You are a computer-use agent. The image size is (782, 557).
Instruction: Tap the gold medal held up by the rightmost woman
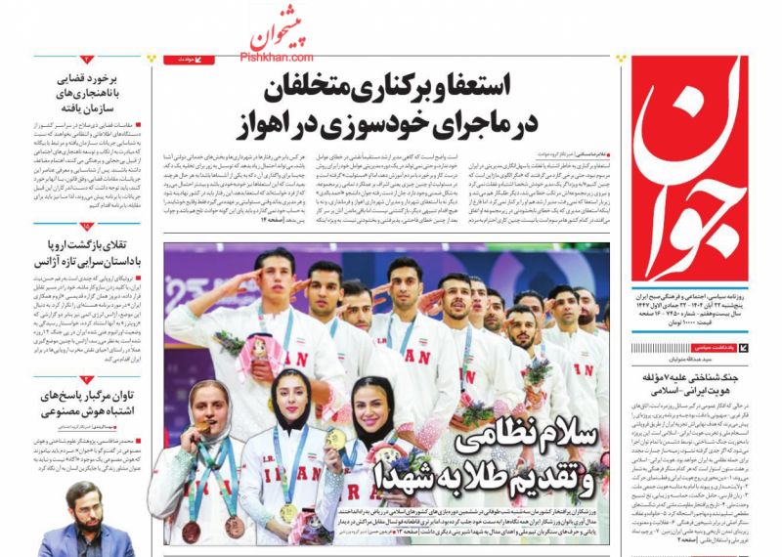[335, 439]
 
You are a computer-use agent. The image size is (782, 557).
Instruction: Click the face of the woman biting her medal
[207, 407]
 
